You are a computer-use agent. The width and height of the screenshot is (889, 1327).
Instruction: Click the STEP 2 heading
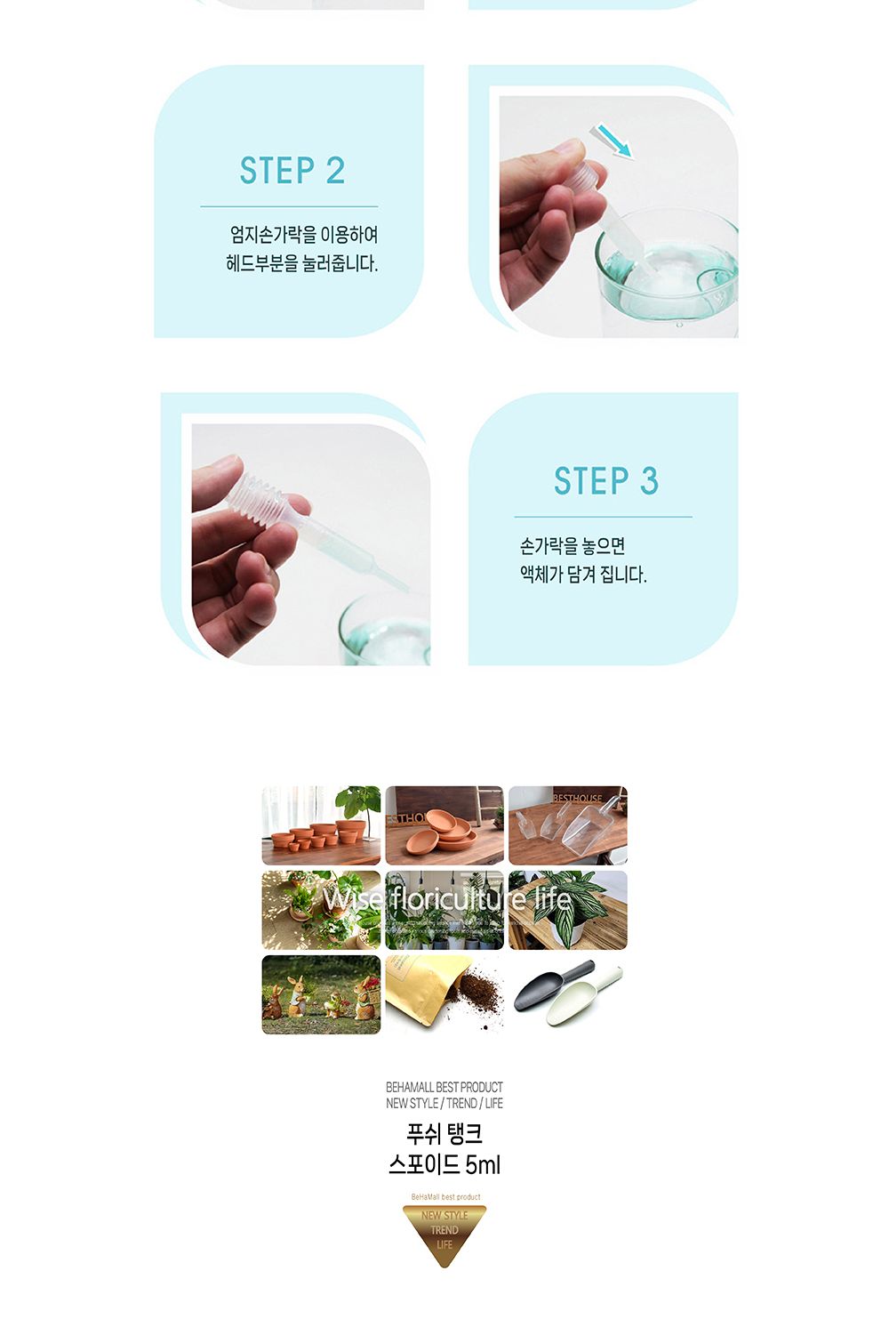tap(292, 171)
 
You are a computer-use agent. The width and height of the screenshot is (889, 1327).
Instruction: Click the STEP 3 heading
tap(605, 481)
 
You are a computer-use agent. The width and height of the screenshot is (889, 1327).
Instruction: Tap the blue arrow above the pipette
tap(614, 141)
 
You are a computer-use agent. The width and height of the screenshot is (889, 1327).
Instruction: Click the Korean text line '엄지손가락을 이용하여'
tap(303, 235)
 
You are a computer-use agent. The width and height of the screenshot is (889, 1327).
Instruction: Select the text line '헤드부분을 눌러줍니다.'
tap(301, 264)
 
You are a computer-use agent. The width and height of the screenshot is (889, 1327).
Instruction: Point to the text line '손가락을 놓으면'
tap(572, 546)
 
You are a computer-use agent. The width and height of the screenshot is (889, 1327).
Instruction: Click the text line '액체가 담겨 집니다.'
tap(582, 575)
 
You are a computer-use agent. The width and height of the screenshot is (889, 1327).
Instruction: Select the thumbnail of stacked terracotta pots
tap(321, 825)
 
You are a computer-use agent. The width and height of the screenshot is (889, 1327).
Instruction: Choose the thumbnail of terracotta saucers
tap(444, 825)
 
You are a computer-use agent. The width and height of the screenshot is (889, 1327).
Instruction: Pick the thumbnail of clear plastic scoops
tap(568, 825)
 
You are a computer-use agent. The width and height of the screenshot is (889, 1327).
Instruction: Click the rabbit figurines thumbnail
tap(321, 995)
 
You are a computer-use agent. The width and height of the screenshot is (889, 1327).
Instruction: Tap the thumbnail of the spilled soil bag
tap(444, 995)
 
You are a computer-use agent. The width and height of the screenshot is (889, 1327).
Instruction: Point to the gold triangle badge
tap(444, 1233)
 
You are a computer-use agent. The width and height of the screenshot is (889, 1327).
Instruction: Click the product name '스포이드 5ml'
tap(444, 1164)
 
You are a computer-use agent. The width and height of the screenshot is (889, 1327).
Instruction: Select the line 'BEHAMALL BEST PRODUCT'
tap(444, 1087)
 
